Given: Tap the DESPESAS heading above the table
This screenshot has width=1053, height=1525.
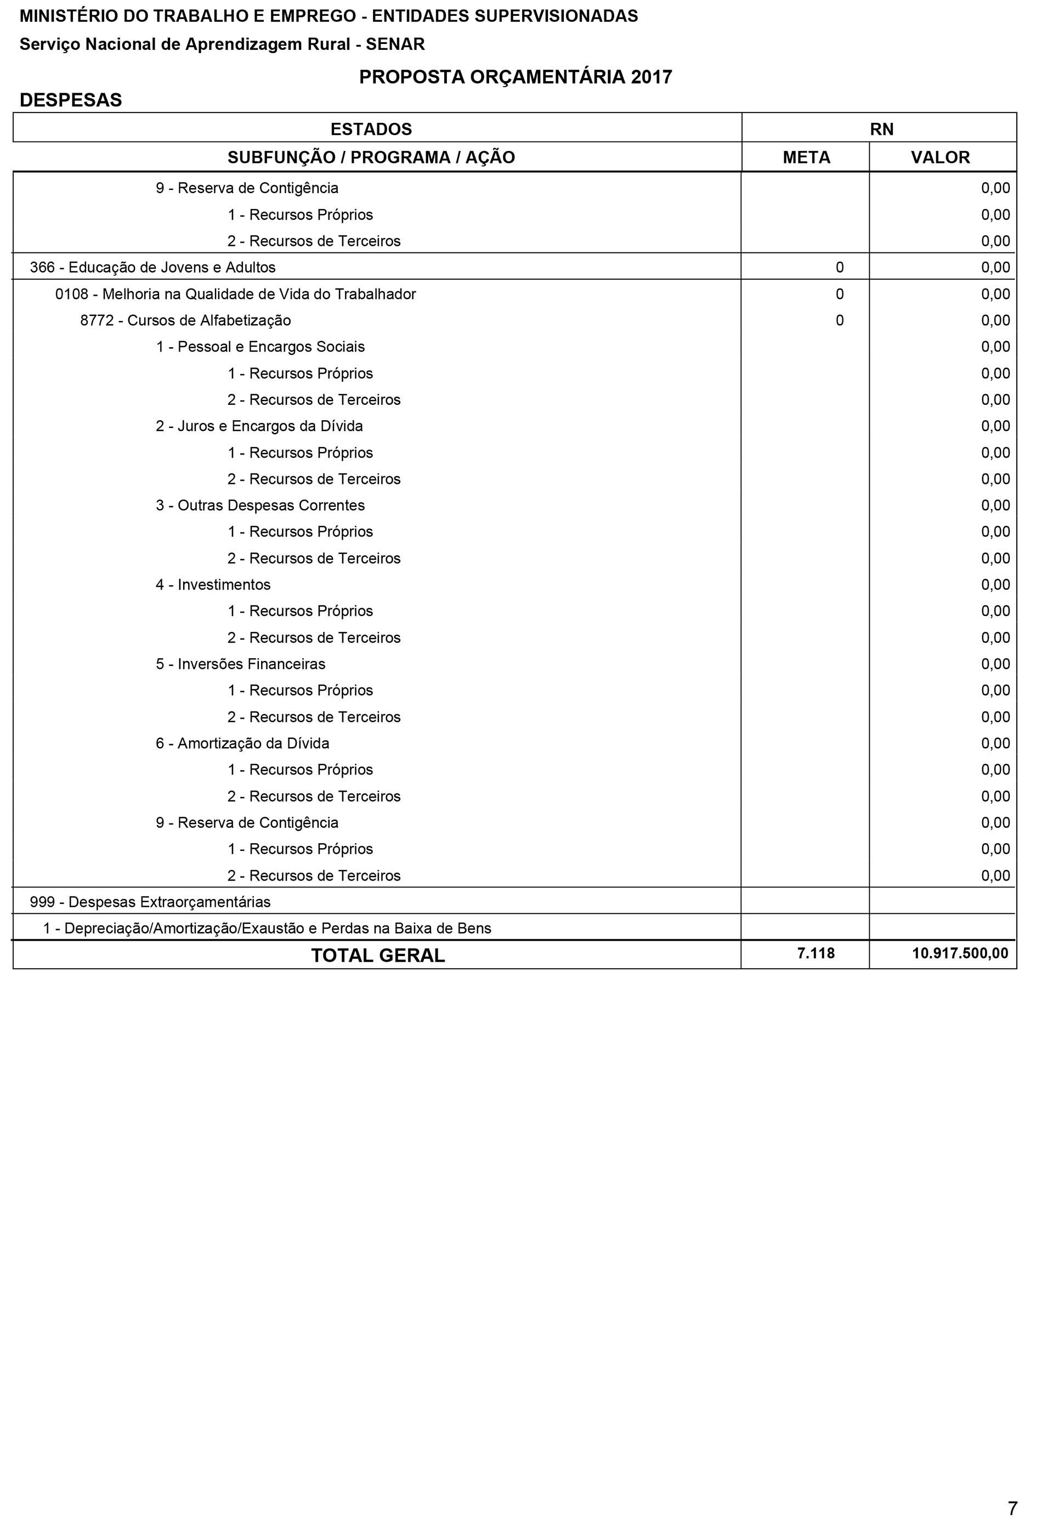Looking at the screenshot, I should [x=71, y=100].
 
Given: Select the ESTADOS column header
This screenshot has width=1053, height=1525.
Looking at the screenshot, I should [x=371, y=129].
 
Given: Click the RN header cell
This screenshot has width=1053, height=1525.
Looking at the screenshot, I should [x=881, y=129].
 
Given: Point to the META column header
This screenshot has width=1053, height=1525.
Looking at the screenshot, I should [x=806, y=158].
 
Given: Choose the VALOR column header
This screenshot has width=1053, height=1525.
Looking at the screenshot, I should [x=940, y=158].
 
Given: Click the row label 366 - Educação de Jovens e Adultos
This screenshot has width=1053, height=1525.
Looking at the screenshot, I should [x=152, y=267].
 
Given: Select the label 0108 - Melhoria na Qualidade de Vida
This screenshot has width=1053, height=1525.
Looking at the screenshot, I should [x=235, y=295].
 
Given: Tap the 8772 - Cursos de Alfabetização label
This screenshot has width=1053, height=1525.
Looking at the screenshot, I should [x=185, y=321].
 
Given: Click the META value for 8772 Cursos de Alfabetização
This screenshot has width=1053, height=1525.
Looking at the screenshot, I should [x=839, y=321].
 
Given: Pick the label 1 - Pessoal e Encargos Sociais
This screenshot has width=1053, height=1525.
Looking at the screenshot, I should [x=260, y=347].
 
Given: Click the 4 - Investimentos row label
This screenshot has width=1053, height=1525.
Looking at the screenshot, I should [x=213, y=585].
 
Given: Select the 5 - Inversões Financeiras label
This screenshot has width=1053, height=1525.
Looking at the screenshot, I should [x=240, y=664].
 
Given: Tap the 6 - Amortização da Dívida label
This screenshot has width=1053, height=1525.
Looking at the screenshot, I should [x=242, y=744].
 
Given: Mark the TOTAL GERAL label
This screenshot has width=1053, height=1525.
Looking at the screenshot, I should [x=378, y=956].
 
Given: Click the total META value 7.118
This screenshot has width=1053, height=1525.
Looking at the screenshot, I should [x=816, y=953].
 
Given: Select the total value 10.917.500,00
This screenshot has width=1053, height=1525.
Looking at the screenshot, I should [x=960, y=953].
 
